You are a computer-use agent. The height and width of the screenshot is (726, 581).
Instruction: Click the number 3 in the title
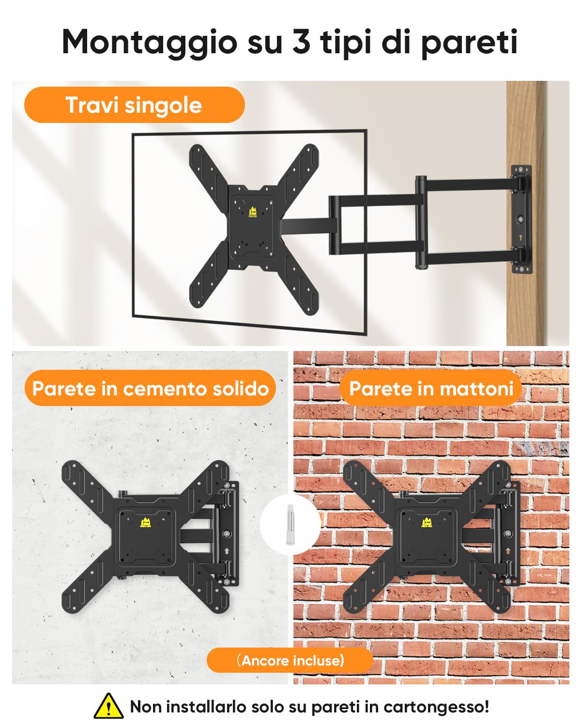click(301, 42)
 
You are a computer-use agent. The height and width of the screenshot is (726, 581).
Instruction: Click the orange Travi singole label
click(134, 105)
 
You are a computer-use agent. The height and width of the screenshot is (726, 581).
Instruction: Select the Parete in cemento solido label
click(150, 388)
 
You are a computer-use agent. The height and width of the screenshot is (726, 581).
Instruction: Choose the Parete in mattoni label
click(431, 388)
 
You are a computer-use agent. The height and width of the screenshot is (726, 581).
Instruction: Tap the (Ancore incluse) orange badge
click(290, 660)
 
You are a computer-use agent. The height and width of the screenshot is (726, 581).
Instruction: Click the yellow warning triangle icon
click(108, 706)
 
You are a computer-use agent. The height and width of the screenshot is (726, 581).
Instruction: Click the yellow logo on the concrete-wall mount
click(145, 523)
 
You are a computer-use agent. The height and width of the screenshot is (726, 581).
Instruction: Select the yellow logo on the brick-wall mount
click(427, 523)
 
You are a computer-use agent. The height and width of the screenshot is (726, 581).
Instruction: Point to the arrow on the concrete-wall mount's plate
click(227, 551)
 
